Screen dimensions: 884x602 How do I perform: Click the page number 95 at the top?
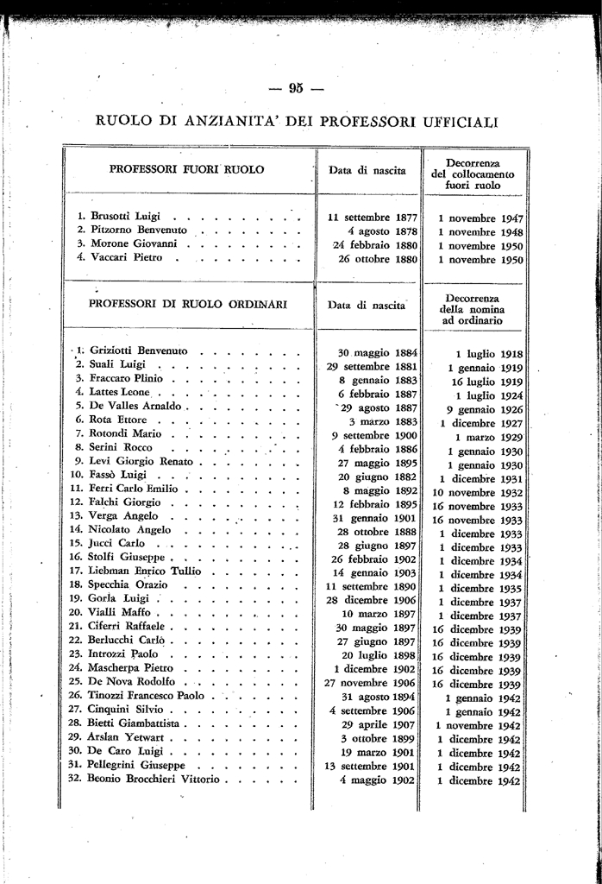[x=296, y=86]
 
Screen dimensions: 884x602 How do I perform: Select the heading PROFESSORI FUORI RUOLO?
[x=186, y=170]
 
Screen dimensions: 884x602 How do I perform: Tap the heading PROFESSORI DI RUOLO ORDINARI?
[x=188, y=304]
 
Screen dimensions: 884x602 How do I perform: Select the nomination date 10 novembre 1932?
[x=477, y=492]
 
